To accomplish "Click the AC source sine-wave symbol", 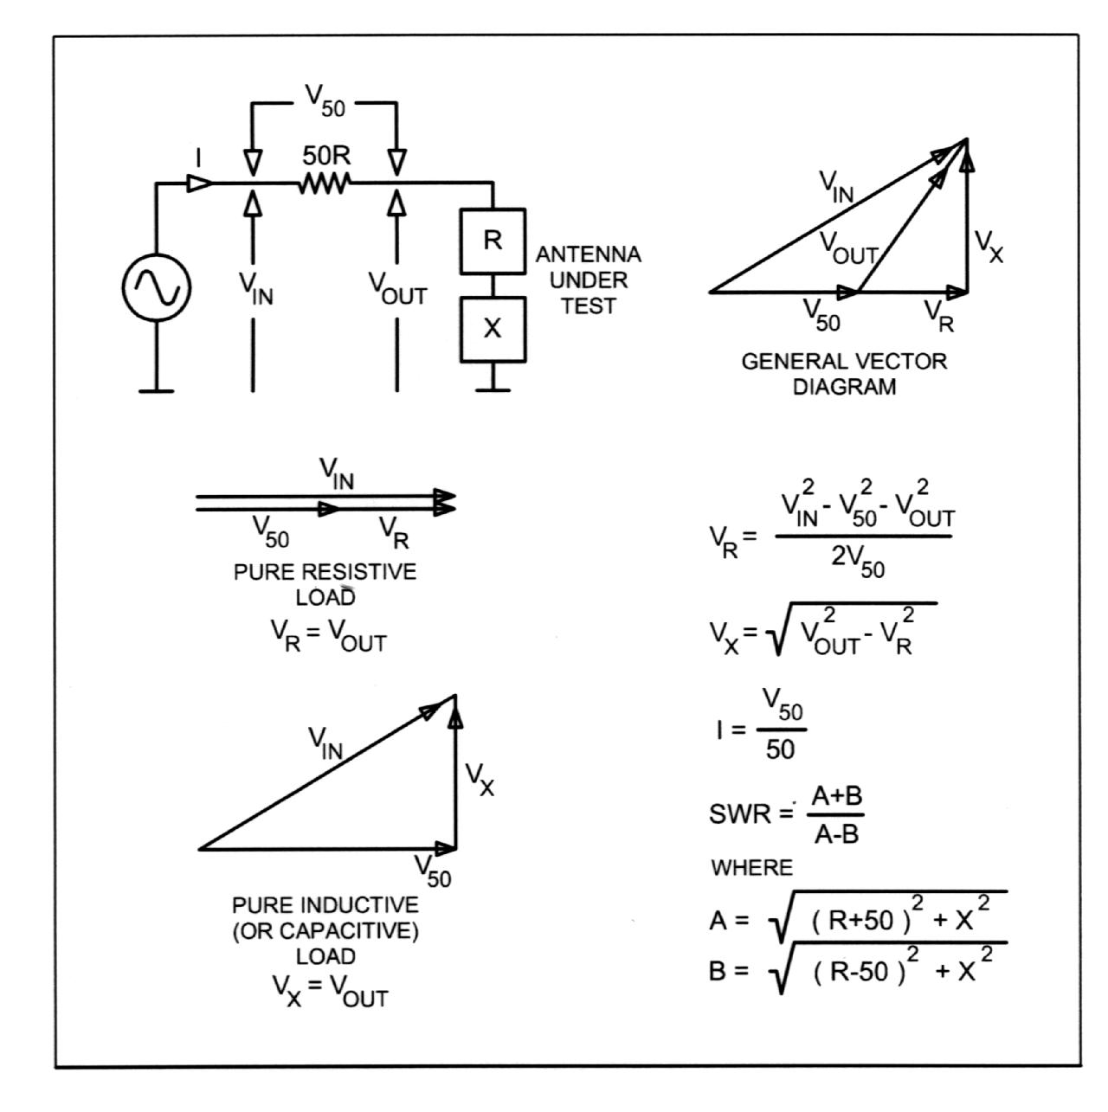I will [157, 287].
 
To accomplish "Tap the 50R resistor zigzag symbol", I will [324, 183].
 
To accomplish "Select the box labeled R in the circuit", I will [493, 241].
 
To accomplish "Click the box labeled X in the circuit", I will [493, 329].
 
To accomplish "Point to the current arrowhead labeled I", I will [199, 183].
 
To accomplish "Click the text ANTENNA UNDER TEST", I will [589, 280].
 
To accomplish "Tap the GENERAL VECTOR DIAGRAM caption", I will [844, 374].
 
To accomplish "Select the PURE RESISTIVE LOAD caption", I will [325, 584].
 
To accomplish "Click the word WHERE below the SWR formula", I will [751, 868].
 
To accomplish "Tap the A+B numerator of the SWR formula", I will [837, 797].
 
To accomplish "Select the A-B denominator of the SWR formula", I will [837, 835].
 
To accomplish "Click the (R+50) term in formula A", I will [857, 921].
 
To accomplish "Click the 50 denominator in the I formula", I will [780, 749].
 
